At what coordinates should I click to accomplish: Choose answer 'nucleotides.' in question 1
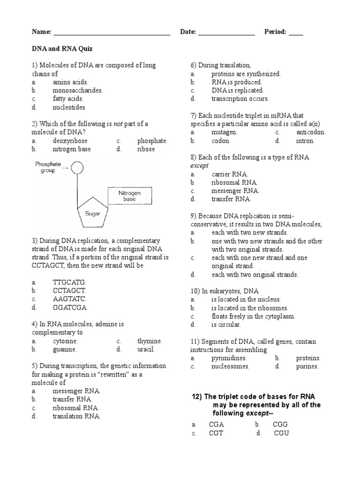pyautogui.click(x=69, y=107)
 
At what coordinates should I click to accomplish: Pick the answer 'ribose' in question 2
pyautogui.click(x=146, y=149)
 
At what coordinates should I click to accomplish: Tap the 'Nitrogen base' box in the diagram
pyautogui.click(x=129, y=195)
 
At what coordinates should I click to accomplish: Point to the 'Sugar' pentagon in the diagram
pyautogui.click(x=93, y=214)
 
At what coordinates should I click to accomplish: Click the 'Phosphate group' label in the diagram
pyautogui.click(x=48, y=167)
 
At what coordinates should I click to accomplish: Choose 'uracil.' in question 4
pyautogui.click(x=146, y=349)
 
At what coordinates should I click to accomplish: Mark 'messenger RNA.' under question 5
pyautogui.click(x=76, y=390)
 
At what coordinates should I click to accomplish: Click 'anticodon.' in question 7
pyautogui.click(x=310, y=132)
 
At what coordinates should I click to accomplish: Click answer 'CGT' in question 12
pyautogui.click(x=216, y=433)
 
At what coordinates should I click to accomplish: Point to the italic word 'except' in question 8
pyautogui.click(x=199, y=165)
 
